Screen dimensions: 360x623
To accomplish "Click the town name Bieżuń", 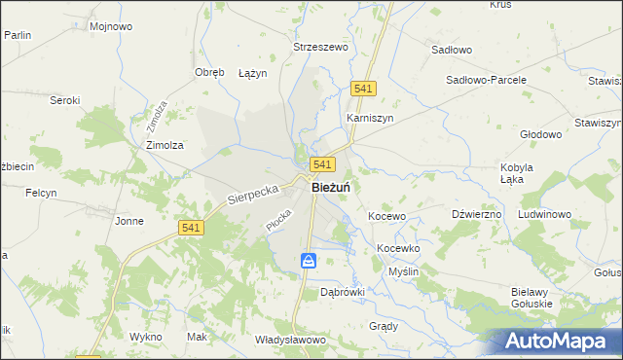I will (x=331, y=188).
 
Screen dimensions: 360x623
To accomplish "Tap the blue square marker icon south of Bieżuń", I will (x=309, y=260).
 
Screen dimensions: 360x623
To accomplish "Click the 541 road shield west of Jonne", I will (x=191, y=227).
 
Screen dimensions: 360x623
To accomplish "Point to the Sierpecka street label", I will (x=253, y=190).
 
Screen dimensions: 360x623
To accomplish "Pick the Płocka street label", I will (x=277, y=221).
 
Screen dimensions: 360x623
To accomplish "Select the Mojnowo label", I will (x=110, y=26).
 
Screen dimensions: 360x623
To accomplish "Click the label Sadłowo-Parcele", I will (x=486, y=80).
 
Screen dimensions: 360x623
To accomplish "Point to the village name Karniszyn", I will (x=369, y=118).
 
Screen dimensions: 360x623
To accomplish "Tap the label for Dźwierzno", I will (x=477, y=213).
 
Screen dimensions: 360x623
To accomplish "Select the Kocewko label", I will (x=398, y=248).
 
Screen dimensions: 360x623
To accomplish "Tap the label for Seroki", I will (x=65, y=100).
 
